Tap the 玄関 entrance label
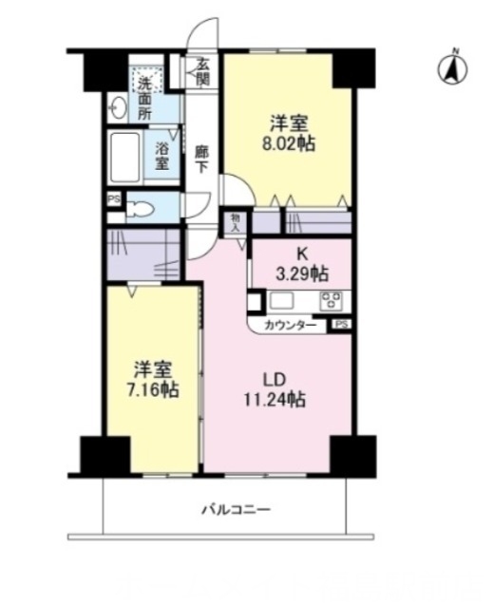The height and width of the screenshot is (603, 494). [x=202, y=72]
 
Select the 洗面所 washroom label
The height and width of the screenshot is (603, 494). [x=144, y=97]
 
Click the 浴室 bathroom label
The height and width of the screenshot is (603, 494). [x=163, y=156]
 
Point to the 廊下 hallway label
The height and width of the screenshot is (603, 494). [x=201, y=158]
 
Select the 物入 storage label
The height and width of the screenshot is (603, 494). [x=237, y=222]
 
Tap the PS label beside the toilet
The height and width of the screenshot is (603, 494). [x=114, y=198]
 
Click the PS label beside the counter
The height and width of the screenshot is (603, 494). [x=341, y=325]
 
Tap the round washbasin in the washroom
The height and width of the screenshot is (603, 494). [x=118, y=106]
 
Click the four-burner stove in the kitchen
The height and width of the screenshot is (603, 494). [x=332, y=301]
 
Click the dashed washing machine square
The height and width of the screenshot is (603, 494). [x=147, y=75]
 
